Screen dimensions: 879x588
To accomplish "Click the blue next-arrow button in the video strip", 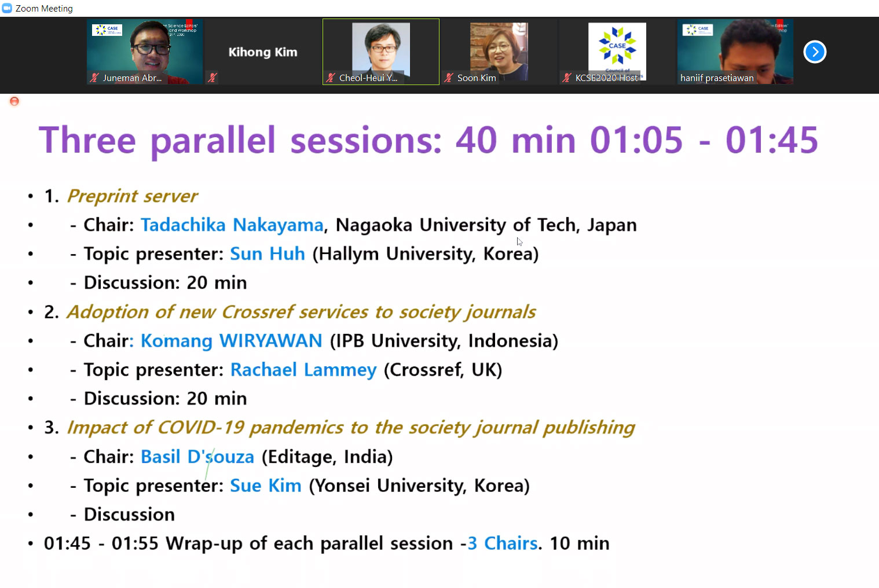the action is (x=815, y=52).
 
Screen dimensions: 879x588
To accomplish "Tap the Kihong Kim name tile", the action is (x=263, y=52).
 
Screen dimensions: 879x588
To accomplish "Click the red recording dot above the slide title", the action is (x=14, y=102).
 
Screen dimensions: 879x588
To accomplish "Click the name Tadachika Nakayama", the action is (x=232, y=225).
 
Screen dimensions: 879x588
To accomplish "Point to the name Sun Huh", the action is (x=267, y=253).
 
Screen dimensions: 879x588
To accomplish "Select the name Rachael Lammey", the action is (x=303, y=369).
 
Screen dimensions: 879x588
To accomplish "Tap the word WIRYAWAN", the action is (x=271, y=340).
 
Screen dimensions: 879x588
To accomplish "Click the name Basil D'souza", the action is (x=197, y=457).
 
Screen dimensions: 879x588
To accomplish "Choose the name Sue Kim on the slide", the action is (x=266, y=486).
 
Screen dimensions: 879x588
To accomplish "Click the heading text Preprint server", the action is (x=132, y=196).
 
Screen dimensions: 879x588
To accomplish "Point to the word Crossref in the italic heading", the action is (x=258, y=312).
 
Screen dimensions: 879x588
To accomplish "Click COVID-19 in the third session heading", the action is (x=200, y=427).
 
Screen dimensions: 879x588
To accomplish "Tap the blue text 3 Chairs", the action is (x=503, y=543).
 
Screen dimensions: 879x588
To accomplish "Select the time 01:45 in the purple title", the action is (x=772, y=139).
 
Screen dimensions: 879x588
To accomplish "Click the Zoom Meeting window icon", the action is (x=7, y=8).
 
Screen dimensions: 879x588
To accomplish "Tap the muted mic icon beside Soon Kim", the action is (x=449, y=78).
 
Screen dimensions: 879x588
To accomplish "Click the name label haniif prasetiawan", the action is (x=717, y=78).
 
